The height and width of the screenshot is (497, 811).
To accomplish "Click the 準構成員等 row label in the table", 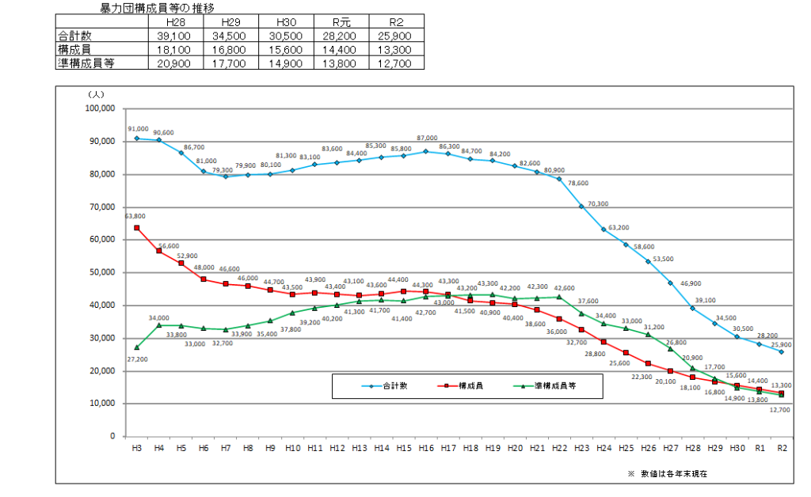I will click(86, 63).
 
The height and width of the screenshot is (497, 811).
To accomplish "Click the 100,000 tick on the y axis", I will click(100, 108).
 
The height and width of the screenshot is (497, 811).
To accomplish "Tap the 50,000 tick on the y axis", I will click(102, 272).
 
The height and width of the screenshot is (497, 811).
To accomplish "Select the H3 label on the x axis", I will click(137, 448).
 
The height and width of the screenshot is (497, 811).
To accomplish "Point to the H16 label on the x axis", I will click(426, 448).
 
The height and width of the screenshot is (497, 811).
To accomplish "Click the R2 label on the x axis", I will click(782, 448).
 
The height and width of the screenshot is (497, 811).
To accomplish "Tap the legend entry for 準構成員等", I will click(546, 386).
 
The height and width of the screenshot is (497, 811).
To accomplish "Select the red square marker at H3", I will click(137, 228).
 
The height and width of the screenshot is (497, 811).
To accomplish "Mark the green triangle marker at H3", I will click(137, 347).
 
